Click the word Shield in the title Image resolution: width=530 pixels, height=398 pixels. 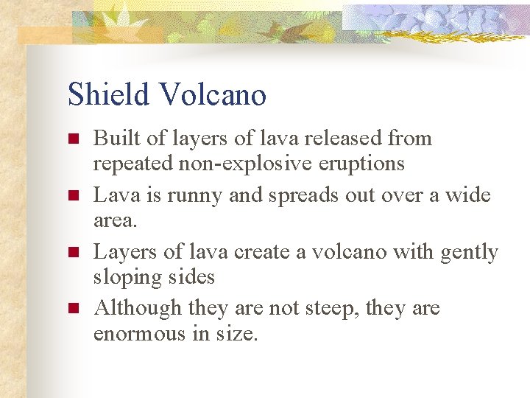[x=109, y=94]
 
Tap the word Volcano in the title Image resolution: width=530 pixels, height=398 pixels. [x=212, y=94]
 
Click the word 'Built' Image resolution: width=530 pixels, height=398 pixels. [x=111, y=138]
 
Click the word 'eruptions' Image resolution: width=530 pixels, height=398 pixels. [x=364, y=163]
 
